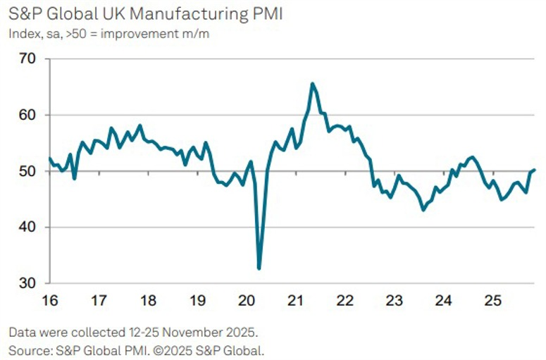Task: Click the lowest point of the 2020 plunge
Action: pyautogui.click(x=259, y=268)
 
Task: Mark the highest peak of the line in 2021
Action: pyautogui.click(x=312, y=84)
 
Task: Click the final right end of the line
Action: pyautogui.click(x=535, y=169)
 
